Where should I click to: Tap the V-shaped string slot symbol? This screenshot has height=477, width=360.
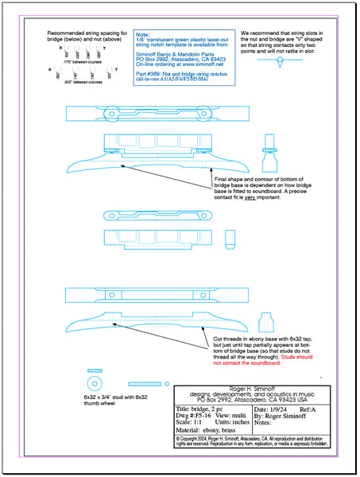[280, 60]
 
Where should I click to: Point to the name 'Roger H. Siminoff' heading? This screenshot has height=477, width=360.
[252, 385]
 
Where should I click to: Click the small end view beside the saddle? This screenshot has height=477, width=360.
[230, 238]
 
